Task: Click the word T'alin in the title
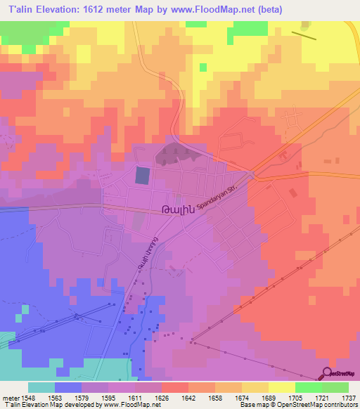(18, 9)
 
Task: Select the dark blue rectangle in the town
(142, 176)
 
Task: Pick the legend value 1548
(26, 398)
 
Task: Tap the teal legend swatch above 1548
(41, 387)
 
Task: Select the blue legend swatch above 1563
(67, 387)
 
